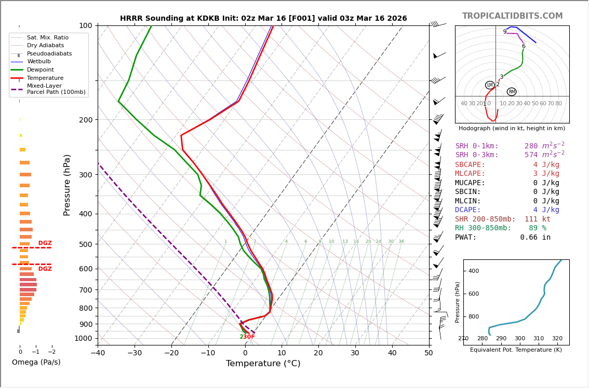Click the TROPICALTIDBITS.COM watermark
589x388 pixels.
click(512, 16)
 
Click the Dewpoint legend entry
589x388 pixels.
click(41, 70)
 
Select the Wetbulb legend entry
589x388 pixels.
click(39, 62)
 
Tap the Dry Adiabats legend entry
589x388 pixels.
click(46, 46)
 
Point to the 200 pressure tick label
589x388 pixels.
click(85, 120)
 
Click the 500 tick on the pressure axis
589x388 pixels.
click(85, 244)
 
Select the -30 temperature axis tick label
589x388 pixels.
click(134, 353)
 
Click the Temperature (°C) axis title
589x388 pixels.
click(263, 364)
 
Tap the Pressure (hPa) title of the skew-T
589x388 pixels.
click(67, 185)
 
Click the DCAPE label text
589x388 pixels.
click(468, 210)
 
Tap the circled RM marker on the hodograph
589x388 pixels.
click(512, 92)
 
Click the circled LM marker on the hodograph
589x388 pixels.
click(490, 85)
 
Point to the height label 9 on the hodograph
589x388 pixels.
click(504, 32)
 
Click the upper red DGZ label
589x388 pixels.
click(45, 243)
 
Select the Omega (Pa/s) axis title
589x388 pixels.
click(36, 362)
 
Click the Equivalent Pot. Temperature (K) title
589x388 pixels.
click(516, 350)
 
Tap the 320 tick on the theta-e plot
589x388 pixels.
click(557, 339)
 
